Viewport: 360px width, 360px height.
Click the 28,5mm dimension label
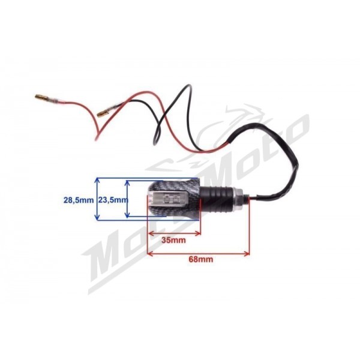pos(79,200)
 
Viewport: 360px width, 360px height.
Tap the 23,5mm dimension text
pos(113,200)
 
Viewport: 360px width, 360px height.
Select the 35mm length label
pos(173,241)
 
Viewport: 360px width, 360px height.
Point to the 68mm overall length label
pos(200,259)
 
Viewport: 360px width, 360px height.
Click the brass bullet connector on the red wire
pos(41,97)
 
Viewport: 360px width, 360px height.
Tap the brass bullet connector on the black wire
pos(103,113)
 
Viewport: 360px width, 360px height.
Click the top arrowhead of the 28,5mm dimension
pos(97,179)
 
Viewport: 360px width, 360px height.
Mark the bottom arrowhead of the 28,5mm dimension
pos(97,218)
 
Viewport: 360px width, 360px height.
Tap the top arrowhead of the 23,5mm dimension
pos(128,182)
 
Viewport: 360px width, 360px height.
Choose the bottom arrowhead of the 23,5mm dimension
pos(128,215)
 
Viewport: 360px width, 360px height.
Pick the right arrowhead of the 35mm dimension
pos(199,234)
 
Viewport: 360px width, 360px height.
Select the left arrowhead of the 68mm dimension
pos(149,253)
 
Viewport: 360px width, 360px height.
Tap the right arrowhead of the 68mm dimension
pos(247,253)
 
